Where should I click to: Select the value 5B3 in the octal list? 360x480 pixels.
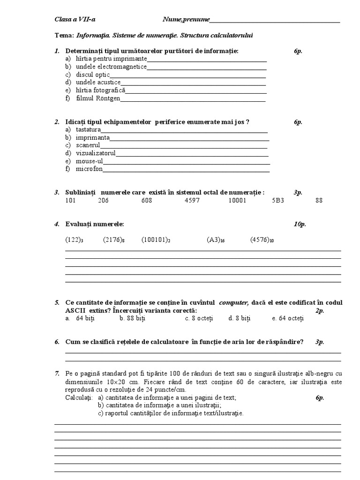(x=278, y=201)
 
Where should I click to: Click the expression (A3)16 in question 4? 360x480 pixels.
(x=216, y=240)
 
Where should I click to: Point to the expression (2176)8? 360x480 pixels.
(x=114, y=240)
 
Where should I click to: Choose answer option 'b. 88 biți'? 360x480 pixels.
(x=133, y=318)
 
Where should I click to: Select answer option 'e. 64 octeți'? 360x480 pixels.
(x=288, y=318)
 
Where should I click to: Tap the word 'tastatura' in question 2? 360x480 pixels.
(x=88, y=129)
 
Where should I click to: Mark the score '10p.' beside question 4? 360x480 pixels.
(x=300, y=224)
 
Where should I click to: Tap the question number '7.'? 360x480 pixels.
(x=57, y=373)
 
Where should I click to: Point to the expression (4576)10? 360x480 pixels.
(x=262, y=240)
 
